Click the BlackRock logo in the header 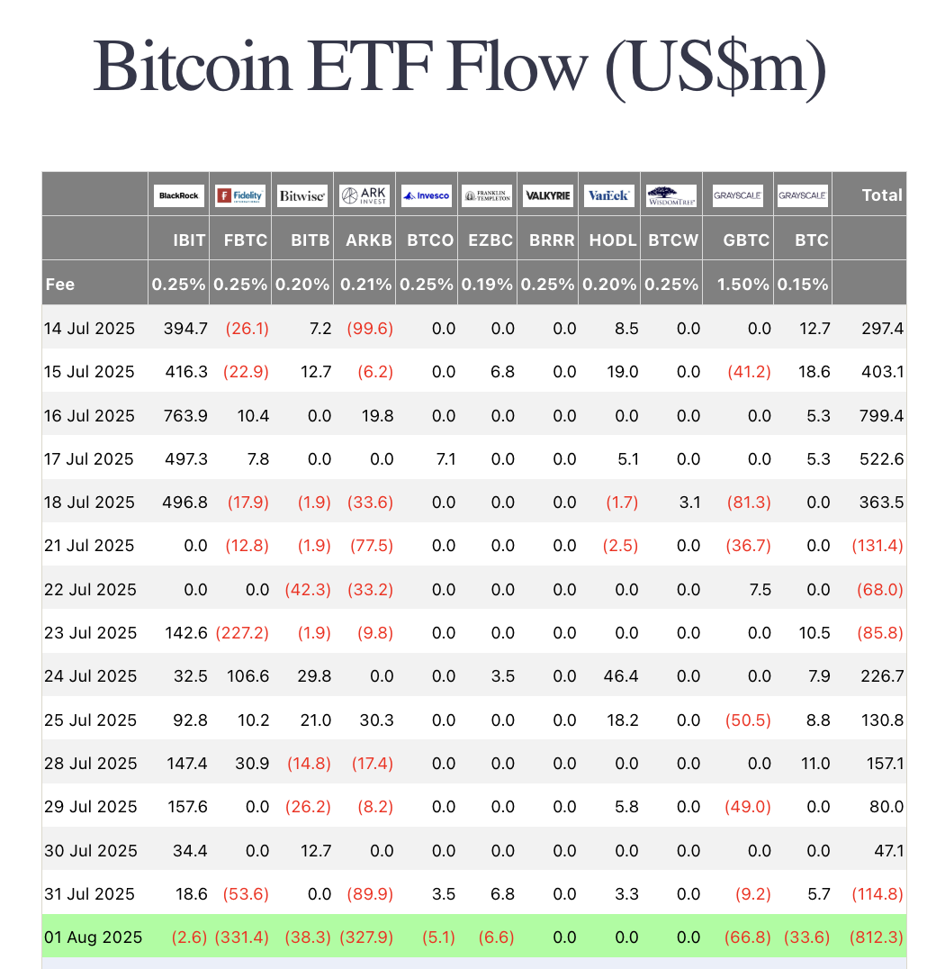179,195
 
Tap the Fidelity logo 240,195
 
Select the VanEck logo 609,195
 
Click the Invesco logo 426,195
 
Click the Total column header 881,195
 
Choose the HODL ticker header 613,240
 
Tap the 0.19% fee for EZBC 487,285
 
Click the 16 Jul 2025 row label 89,415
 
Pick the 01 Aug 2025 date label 93,937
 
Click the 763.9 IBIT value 184,415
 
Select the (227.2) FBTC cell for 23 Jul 242,633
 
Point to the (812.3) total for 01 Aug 876,937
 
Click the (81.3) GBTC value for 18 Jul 747,503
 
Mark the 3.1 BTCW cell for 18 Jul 688,503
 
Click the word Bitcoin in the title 193,68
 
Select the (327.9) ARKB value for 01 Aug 366,937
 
